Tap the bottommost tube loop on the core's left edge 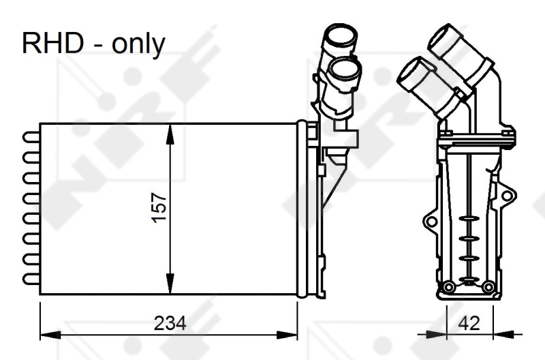tap(31, 278)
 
